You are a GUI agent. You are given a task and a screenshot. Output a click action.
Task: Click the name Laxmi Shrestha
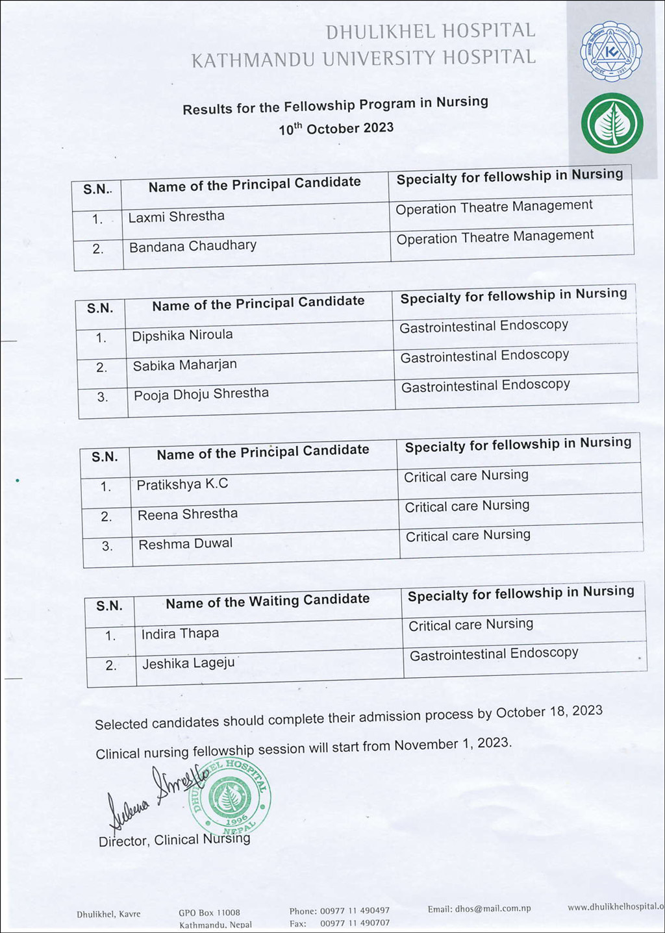coord(176,217)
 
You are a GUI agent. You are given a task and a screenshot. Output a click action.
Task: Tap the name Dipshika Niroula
coord(182,336)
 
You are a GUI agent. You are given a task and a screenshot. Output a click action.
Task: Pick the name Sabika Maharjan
coord(184,366)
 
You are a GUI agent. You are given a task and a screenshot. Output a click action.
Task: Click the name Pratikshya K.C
coord(182,484)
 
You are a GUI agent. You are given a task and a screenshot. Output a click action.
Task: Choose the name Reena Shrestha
coord(187,514)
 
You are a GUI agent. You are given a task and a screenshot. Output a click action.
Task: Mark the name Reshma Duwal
coord(185,544)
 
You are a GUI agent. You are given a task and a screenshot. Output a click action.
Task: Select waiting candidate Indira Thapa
coord(180,634)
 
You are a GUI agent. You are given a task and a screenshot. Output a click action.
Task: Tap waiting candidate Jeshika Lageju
coord(188,664)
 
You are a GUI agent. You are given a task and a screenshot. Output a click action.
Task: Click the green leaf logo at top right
coord(611,123)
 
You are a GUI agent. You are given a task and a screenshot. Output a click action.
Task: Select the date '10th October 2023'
coord(336,129)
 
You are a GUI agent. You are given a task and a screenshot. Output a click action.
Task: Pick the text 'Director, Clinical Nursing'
coord(174,840)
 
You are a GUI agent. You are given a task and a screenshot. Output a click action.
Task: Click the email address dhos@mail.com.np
coord(479,909)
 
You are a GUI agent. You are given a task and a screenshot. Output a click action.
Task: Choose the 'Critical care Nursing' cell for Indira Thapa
coord(471,625)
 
